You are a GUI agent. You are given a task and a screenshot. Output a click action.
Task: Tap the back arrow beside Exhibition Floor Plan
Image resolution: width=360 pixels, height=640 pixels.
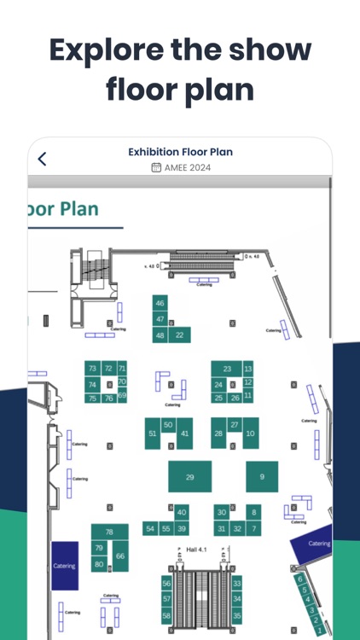pyautogui.click(x=42, y=159)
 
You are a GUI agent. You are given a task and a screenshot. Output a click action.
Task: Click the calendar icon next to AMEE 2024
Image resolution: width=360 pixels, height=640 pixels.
pyautogui.click(x=156, y=167)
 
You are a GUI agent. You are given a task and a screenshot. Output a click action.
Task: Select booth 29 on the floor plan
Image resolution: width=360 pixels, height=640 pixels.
pyautogui.click(x=189, y=476)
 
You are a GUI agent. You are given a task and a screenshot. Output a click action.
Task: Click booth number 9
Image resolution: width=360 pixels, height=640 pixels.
pyautogui.click(x=262, y=476)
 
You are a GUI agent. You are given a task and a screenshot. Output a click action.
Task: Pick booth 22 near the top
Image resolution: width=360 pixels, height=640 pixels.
pyautogui.click(x=179, y=335)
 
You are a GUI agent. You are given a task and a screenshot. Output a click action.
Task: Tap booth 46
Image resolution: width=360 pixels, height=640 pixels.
pyautogui.click(x=160, y=303)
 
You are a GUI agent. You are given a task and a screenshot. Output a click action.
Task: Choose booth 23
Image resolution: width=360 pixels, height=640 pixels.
pyautogui.click(x=227, y=369)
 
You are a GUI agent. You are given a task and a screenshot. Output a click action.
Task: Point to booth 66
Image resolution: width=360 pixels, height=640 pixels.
pyautogui.click(x=120, y=556)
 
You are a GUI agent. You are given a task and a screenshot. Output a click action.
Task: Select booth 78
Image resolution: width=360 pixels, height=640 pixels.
pyautogui.click(x=109, y=532)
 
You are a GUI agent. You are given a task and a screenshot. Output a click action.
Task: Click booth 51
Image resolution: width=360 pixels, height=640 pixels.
pyautogui.click(x=152, y=433)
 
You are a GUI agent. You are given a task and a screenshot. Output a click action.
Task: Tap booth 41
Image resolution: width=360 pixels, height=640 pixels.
pyautogui.click(x=184, y=433)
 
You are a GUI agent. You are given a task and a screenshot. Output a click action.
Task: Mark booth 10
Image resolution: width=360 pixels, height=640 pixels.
pyautogui.click(x=250, y=433)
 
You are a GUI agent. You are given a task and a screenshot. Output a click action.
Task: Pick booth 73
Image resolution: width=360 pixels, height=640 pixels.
pyautogui.click(x=92, y=368)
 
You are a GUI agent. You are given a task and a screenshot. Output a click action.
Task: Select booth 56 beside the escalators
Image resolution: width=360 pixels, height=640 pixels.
pyautogui.click(x=166, y=584)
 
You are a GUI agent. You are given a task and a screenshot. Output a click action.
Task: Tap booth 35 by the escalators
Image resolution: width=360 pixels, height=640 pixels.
pyautogui.click(x=237, y=614)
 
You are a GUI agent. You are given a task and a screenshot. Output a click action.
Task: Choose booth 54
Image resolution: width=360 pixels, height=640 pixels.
pyautogui.click(x=150, y=529)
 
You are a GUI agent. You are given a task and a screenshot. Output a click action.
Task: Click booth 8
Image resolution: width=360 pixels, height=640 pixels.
pyautogui.click(x=253, y=512)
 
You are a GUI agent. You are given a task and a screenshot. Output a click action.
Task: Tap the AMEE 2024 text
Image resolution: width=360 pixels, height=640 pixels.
pyautogui.click(x=187, y=167)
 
